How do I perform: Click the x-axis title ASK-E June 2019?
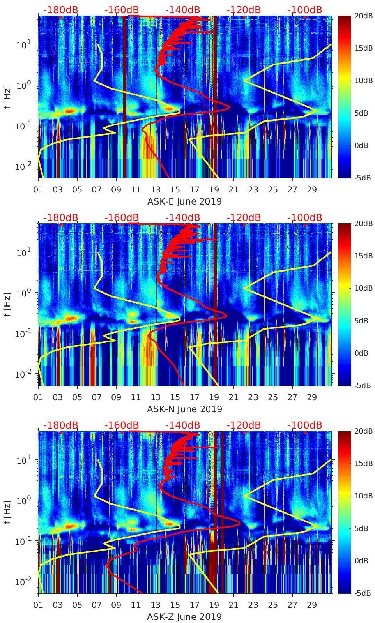click(184, 202)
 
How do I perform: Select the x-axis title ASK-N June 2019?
click(184, 409)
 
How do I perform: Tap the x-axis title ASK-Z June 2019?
click(184, 617)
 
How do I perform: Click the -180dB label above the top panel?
click(60, 10)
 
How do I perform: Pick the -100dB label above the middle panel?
click(305, 217)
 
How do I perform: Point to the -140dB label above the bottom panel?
click(182, 425)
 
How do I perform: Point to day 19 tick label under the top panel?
click(214, 190)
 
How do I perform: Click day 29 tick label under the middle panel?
click(312, 397)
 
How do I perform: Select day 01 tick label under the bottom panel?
click(38, 605)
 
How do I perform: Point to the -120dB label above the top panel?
click(244, 10)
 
